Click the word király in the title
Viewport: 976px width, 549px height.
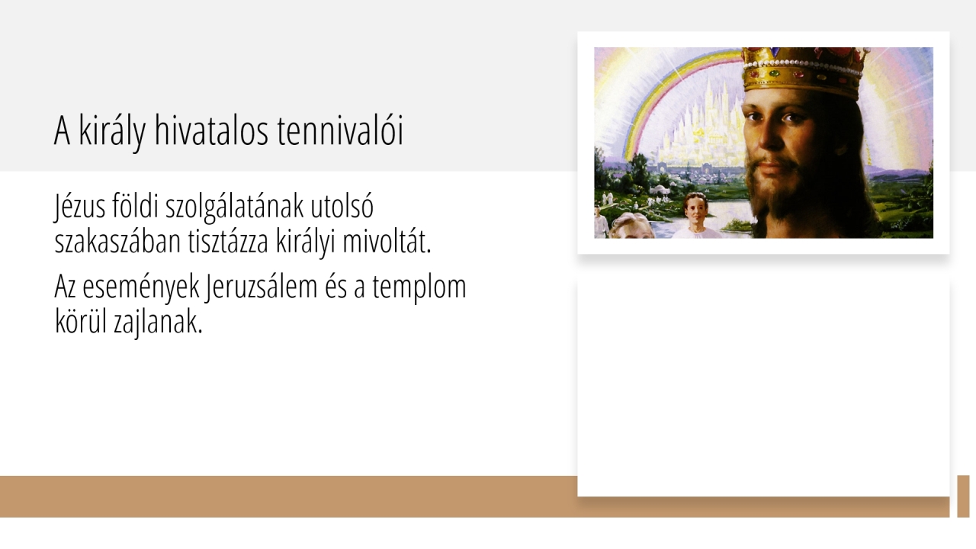[x=112, y=131]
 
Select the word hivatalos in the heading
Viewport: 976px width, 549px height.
[x=211, y=130]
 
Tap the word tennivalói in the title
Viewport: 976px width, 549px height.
[x=340, y=130]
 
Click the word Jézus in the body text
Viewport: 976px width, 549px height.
[x=80, y=207]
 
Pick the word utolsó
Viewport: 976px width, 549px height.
[x=342, y=206]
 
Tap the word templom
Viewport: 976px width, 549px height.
[x=419, y=288]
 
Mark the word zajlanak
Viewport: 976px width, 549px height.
[x=158, y=323]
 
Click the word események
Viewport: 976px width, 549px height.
[x=141, y=288]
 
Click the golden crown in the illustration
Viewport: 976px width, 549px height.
[x=805, y=72]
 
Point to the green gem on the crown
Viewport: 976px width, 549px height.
[x=774, y=73]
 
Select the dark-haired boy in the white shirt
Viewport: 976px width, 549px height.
[x=696, y=216]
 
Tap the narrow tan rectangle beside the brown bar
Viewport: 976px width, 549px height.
[x=963, y=496]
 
